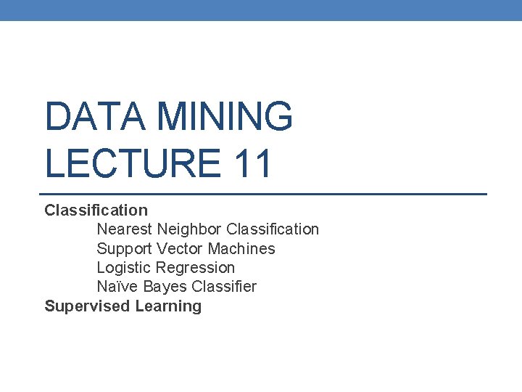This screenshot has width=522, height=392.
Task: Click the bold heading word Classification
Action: tap(96, 211)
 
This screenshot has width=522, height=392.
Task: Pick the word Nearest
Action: tap(125, 229)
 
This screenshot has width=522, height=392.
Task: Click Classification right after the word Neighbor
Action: tap(273, 229)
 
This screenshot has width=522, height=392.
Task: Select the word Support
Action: tap(125, 249)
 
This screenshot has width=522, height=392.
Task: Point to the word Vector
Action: tap(179, 249)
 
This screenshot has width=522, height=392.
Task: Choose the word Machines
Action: tap(241, 249)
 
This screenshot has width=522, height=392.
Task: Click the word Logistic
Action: tap(124, 268)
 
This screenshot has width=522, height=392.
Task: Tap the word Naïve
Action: tap(117, 287)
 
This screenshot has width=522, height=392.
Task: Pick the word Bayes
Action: tap(161, 287)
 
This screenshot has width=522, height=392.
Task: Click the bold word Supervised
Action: tap(87, 306)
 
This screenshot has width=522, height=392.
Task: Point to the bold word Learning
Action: tap(168, 306)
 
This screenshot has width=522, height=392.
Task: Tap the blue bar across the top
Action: tap(261, 10)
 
